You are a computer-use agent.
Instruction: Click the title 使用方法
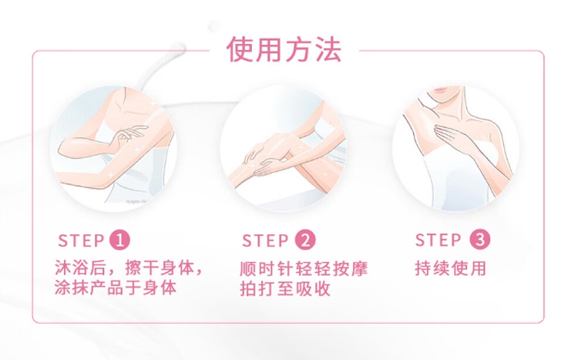click(x=284, y=49)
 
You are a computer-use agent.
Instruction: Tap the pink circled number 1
click(x=119, y=240)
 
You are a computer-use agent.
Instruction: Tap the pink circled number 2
click(x=305, y=240)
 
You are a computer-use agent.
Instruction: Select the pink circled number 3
click(x=480, y=239)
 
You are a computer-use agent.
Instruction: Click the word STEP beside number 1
click(x=81, y=241)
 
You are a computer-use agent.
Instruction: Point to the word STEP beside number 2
click(x=265, y=241)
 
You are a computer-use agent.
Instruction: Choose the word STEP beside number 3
click(x=439, y=240)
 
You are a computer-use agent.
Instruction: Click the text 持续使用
click(x=451, y=268)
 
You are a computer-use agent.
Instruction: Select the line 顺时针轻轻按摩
click(x=304, y=268)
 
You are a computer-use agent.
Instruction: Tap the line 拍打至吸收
click(x=285, y=288)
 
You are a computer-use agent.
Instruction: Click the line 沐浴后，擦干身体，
click(x=129, y=267)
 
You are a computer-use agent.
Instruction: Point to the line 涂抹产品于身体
click(x=116, y=288)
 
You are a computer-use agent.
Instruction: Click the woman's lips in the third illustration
click(x=442, y=89)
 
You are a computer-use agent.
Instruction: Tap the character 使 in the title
click(x=240, y=49)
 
